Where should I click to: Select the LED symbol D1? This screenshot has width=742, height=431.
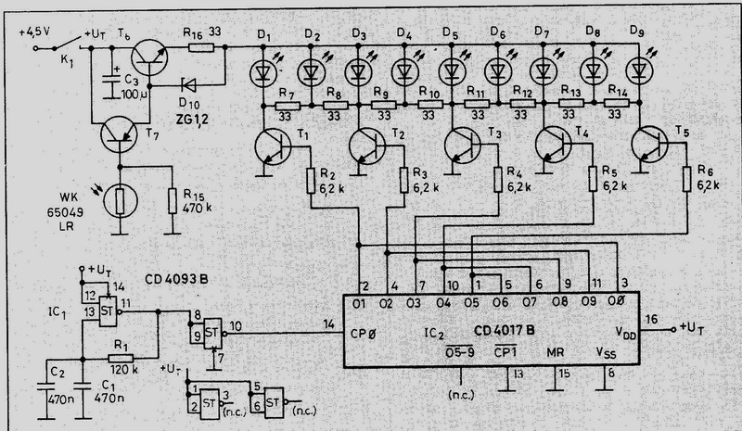(x=264, y=70)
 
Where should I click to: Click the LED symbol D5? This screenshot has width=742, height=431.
(x=452, y=70)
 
